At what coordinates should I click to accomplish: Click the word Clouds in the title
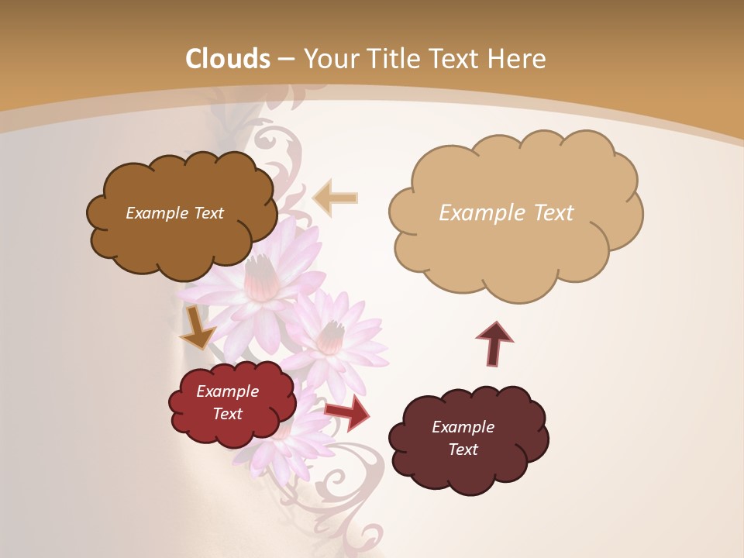[x=228, y=59]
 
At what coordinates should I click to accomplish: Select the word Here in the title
[x=518, y=59]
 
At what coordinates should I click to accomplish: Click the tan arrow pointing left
[x=336, y=198]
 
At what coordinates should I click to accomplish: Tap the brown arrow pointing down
[x=197, y=327]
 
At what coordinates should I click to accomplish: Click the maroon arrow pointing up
[x=494, y=343]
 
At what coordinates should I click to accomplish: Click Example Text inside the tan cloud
[x=506, y=213]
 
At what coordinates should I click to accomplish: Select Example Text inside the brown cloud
[x=174, y=213]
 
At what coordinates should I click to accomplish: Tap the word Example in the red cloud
[x=227, y=391]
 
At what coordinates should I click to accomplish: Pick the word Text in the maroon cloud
[x=463, y=450]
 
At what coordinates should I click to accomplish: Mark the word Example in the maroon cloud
[x=463, y=427]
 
